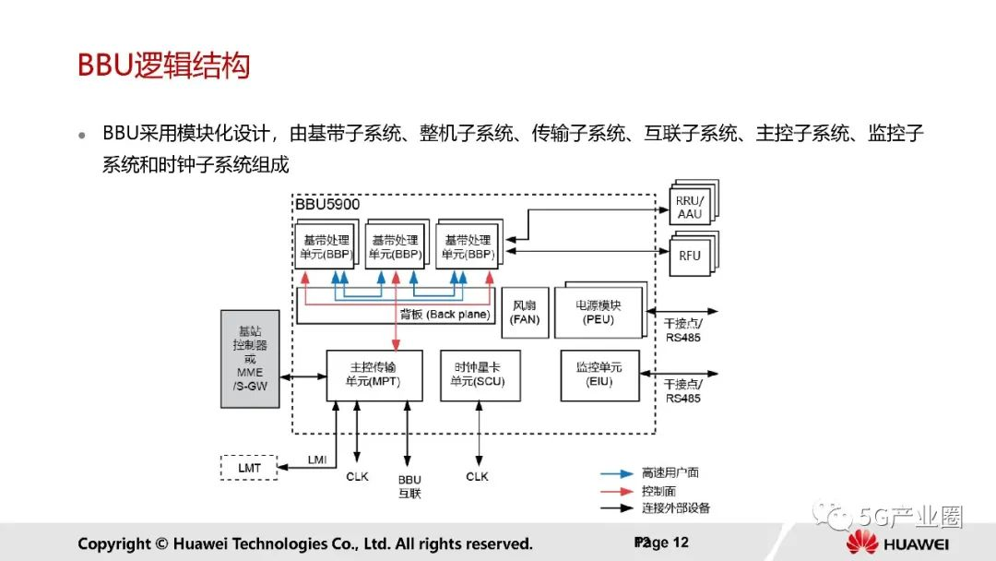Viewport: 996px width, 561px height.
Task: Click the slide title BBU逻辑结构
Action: click(163, 66)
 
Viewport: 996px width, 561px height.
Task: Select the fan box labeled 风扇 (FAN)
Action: click(525, 312)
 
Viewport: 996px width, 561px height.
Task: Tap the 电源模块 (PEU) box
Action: click(599, 312)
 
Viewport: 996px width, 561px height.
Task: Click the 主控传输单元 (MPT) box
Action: click(374, 375)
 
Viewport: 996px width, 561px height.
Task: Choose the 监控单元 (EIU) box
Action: click(599, 375)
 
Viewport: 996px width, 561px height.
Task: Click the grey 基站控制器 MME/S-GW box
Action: click(250, 358)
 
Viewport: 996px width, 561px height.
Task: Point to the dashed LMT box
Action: click(249, 468)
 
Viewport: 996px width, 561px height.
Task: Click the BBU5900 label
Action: click(327, 204)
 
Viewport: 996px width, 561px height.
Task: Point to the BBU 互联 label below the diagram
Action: click(409, 486)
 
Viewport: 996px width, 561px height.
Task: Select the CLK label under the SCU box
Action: click(477, 477)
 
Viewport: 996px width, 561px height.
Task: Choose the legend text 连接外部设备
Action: click(676, 507)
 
